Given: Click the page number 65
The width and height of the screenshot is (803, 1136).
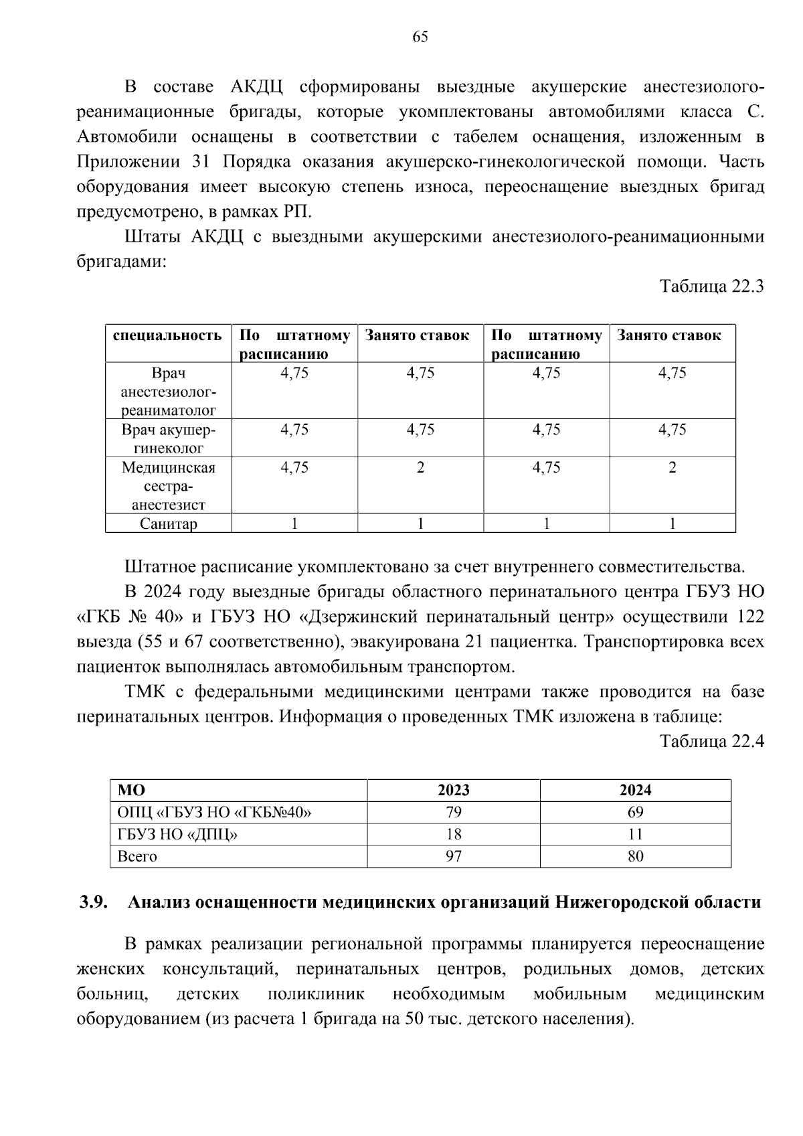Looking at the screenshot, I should pos(420,37).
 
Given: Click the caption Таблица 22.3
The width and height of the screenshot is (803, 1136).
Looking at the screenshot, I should pos(711,287).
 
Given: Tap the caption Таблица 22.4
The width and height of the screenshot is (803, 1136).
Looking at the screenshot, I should pos(711,742).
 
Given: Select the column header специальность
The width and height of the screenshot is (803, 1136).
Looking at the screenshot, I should pos(167,335).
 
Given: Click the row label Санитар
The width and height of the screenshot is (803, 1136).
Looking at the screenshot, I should pos(169,524).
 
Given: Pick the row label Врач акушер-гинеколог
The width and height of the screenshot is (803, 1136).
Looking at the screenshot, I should pos(169,438).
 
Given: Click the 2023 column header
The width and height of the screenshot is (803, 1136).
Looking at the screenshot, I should pos(453,791).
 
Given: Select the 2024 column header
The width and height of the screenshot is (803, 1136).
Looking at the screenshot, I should pos(635,791).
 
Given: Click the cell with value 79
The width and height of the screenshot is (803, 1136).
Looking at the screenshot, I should pos(453,813).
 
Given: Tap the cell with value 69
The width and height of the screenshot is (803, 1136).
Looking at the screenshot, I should pos(635,813).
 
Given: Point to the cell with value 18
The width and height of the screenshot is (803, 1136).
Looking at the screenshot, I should pos(453,835).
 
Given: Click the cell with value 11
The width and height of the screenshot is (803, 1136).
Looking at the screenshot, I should pos(635,835).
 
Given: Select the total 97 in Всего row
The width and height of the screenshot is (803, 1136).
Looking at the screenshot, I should pos(453,857).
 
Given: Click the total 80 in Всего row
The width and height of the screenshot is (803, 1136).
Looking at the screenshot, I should pos(635,857).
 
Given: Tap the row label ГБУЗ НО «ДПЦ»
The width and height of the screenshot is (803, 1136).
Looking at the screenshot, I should pos(177,835).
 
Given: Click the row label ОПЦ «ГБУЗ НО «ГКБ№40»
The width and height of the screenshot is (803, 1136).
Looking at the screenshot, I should pos(214,813).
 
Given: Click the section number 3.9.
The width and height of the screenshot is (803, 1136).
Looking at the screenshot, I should pos(94,902).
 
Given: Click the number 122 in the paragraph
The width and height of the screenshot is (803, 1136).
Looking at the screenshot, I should pos(750,617).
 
